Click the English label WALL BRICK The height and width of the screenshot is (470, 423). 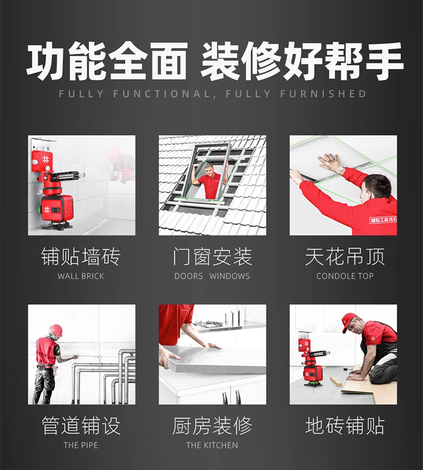81,276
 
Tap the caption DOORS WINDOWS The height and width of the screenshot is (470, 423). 212,276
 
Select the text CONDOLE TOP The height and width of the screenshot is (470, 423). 345,276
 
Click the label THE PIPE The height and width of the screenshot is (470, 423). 81,445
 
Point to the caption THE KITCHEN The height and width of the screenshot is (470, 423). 212,445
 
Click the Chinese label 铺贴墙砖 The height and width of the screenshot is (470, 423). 81,256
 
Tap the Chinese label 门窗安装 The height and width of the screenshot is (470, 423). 212,256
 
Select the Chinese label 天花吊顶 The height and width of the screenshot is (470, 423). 345,256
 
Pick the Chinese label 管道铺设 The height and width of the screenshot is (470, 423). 81,426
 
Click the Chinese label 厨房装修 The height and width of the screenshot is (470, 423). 212,426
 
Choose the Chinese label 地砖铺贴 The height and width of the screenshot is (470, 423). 345,426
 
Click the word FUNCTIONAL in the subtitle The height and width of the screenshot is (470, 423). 162,94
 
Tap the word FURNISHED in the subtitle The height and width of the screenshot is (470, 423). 323,94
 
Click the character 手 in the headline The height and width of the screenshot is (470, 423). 383,60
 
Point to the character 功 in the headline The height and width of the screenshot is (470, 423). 46,60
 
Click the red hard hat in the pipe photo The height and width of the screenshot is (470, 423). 56,330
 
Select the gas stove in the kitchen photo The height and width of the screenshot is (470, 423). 208,324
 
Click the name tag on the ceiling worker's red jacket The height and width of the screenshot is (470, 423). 383,219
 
